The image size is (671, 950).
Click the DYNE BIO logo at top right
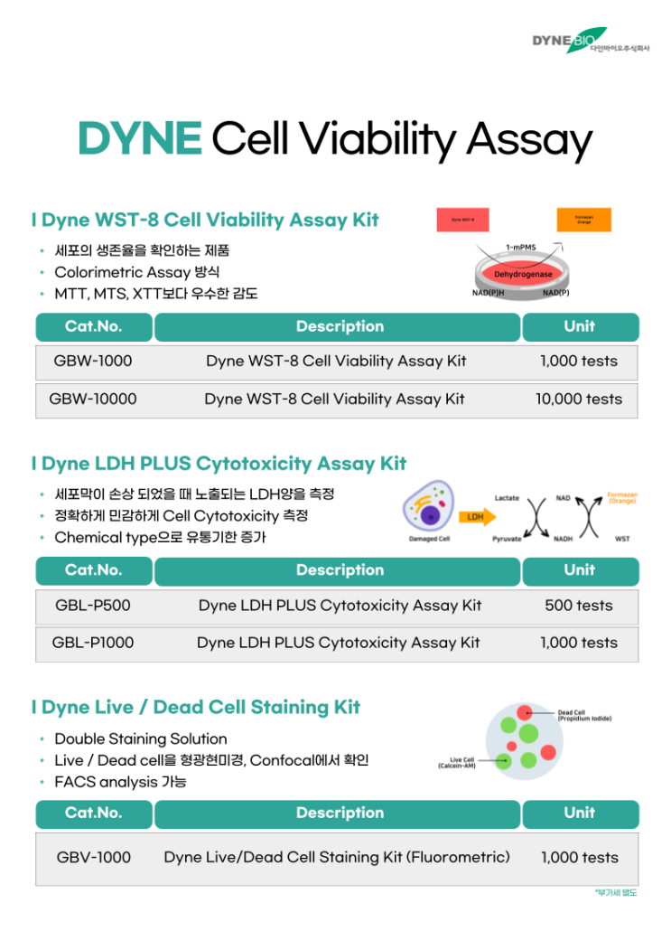tap(590, 41)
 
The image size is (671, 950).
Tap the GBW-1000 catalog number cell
tap(93, 362)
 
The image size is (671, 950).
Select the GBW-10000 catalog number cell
tap(93, 400)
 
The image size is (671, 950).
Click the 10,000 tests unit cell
tap(579, 400)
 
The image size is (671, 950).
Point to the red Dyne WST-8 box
tap(462, 220)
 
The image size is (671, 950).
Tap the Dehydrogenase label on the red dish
tap(523, 274)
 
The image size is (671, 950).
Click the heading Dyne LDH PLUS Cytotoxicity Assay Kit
tap(219, 464)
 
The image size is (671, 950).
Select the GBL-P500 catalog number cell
tap(93, 606)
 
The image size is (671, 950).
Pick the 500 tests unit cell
tap(579, 606)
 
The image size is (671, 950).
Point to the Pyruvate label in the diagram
tap(507, 539)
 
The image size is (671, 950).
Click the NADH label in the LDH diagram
tap(563, 539)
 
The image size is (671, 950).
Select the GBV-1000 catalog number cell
tap(93, 858)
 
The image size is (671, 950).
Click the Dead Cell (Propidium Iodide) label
tap(584, 715)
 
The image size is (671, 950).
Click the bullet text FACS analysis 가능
tap(120, 782)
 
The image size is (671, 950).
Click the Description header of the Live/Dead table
tap(340, 814)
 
